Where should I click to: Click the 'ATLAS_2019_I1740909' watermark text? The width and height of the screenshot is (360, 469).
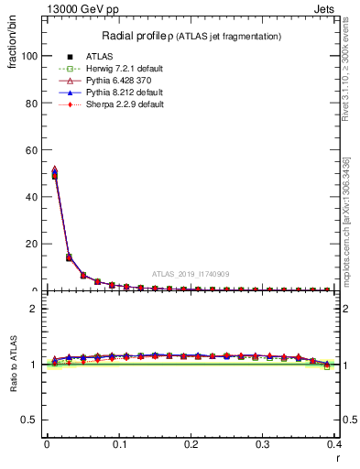coord(191,274)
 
